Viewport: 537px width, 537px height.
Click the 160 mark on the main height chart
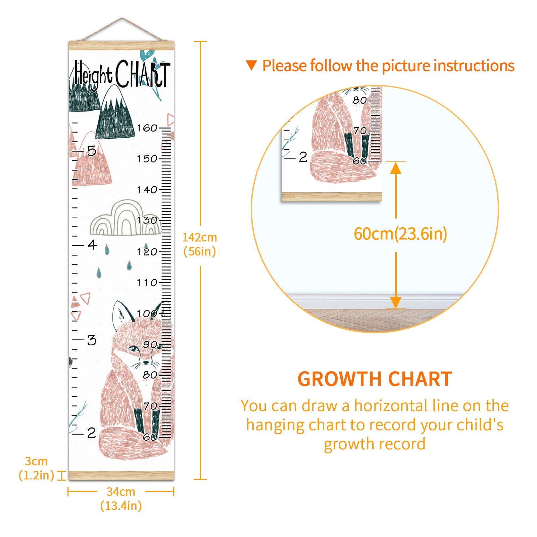[147, 128]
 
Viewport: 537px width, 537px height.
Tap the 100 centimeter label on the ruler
[147, 313]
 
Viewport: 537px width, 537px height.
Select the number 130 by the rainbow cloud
[147, 220]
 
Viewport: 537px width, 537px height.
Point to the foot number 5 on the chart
[92, 151]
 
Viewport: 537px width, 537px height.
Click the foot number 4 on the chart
[92, 245]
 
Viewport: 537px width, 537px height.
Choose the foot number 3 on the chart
[92, 340]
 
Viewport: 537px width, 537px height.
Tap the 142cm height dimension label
[200, 244]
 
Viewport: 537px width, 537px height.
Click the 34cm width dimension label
[121, 499]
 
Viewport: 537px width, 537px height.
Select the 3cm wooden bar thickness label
[36, 468]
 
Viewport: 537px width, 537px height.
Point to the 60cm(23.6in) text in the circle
[400, 234]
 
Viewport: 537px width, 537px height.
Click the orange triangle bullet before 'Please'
[251, 65]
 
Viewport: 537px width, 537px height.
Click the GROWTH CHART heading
[375, 379]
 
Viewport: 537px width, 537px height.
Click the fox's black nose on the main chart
[146, 362]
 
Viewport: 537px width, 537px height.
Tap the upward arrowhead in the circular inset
[396, 168]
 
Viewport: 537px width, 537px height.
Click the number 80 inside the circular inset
[360, 100]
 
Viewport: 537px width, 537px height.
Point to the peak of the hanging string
[122, 18]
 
